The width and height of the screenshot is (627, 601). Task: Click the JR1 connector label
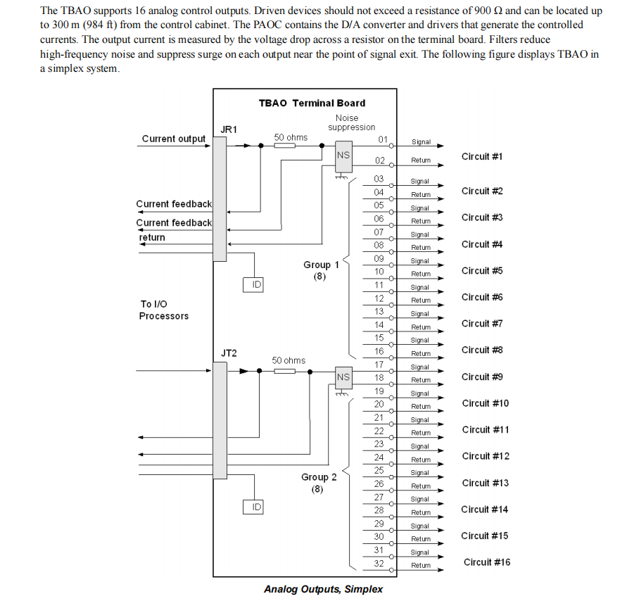(x=229, y=129)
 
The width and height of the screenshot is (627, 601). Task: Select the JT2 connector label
(x=229, y=353)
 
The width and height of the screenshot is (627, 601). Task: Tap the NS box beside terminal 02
(x=343, y=156)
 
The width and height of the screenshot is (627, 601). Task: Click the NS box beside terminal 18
(x=343, y=377)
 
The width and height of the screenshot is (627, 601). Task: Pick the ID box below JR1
(x=257, y=284)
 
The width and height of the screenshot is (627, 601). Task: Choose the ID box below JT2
(x=257, y=507)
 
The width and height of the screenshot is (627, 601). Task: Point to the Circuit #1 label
(x=482, y=156)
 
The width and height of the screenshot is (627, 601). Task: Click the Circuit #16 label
(x=487, y=562)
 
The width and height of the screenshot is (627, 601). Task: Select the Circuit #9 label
(x=482, y=377)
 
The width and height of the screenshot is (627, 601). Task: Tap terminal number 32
(x=379, y=564)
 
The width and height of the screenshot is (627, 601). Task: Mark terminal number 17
(x=379, y=365)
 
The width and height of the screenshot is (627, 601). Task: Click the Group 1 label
(x=321, y=265)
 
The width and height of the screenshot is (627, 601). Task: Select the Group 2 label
(x=319, y=477)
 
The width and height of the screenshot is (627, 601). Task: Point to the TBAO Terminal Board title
(x=312, y=103)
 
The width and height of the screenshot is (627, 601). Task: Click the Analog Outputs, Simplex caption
(x=323, y=588)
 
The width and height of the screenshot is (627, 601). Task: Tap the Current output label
(x=173, y=139)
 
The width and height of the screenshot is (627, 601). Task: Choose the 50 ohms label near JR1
(x=291, y=137)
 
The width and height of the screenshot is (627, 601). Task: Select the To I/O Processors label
(x=163, y=310)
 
